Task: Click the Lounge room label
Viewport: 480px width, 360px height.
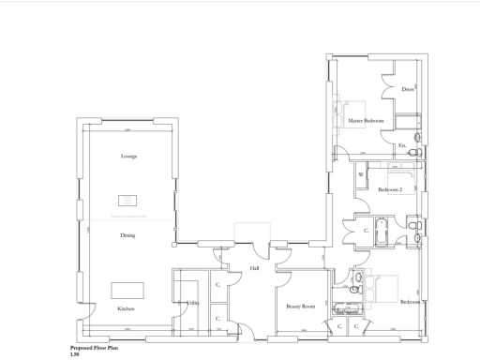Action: pyautogui.click(x=128, y=156)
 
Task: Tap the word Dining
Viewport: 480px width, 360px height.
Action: pyautogui.click(x=127, y=235)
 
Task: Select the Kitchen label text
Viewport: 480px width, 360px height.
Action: pyautogui.click(x=126, y=308)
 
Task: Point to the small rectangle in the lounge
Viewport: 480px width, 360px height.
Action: pyautogui.click(x=127, y=200)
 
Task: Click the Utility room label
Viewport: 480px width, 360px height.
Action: pyautogui.click(x=192, y=303)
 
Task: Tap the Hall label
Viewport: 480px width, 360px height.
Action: pyautogui.click(x=254, y=269)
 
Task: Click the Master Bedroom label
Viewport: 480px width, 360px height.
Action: pyautogui.click(x=367, y=121)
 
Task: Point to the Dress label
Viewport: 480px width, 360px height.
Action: pyautogui.click(x=407, y=90)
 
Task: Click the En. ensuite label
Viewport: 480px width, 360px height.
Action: pyautogui.click(x=402, y=146)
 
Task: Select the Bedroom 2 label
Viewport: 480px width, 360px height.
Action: pyautogui.click(x=390, y=189)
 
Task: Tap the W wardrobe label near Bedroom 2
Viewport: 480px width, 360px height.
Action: pyautogui.click(x=361, y=175)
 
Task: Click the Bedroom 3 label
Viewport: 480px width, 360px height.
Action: pyautogui.click(x=412, y=303)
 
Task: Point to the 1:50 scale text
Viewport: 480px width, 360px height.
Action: pyautogui.click(x=75, y=353)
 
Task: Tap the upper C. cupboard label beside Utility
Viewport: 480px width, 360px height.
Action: pyautogui.click(x=217, y=285)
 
